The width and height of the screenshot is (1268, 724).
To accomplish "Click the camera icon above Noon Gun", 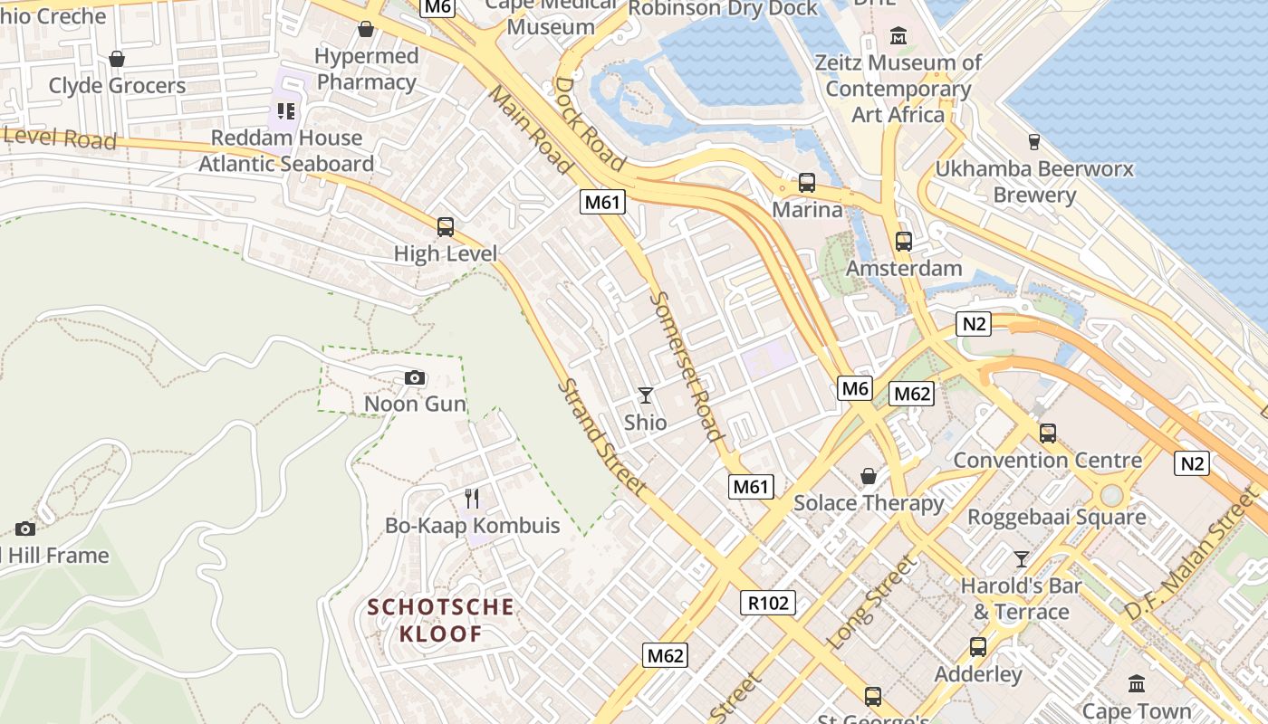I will click(x=414, y=377).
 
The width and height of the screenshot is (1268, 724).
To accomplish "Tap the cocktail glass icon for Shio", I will click(x=645, y=395).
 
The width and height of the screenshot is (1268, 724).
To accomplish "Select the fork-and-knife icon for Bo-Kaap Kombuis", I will click(x=472, y=499).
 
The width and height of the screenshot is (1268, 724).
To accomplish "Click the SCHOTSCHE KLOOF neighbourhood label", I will click(x=441, y=620).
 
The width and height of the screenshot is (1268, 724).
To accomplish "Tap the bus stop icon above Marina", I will click(x=807, y=183).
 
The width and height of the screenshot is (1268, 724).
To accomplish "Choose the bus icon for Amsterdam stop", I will click(x=903, y=242).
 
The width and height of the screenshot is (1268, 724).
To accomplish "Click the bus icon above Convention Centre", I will click(x=1048, y=433).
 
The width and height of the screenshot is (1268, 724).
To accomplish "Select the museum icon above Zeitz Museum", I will click(x=898, y=36).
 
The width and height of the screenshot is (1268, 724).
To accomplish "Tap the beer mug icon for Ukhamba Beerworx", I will click(x=1033, y=141).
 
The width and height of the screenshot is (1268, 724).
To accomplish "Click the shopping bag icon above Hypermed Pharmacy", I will click(x=366, y=29).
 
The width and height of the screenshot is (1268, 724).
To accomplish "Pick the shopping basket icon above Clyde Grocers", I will click(x=117, y=59).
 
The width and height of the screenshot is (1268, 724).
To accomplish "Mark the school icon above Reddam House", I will click(x=286, y=111).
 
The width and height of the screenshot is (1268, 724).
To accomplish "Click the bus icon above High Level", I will click(x=445, y=227).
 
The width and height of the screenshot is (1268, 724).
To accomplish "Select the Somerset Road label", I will click(x=687, y=367).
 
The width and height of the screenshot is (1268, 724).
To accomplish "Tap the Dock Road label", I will click(x=590, y=124).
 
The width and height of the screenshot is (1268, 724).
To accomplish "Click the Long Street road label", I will click(x=872, y=602).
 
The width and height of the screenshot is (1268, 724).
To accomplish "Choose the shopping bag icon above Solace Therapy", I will click(x=869, y=476).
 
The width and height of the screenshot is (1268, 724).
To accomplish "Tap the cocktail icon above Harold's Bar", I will click(x=1022, y=558).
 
